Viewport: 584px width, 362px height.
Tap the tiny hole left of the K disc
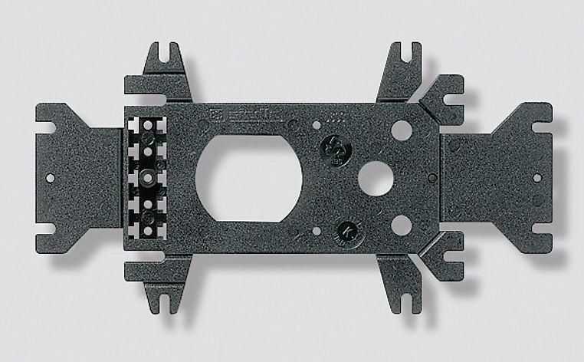coord(317,231)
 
